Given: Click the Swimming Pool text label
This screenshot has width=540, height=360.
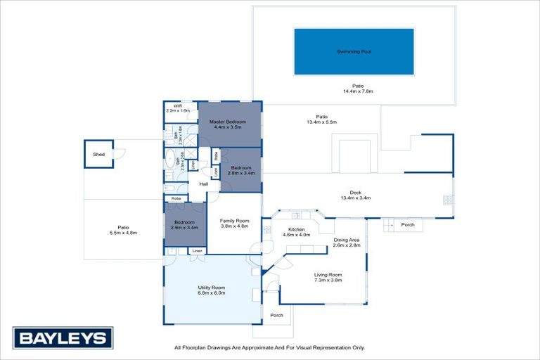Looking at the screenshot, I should click(354, 52).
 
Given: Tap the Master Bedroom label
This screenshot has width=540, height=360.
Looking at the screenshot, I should click(228, 124).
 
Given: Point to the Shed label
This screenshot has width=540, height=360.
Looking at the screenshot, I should click(98, 154).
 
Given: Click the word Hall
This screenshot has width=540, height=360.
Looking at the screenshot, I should click(204, 184).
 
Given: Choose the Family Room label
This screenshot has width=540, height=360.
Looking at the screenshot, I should click(235, 223).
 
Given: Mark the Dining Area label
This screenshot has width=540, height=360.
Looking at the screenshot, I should click(347, 243).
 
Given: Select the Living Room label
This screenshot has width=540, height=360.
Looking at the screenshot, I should click(328, 277).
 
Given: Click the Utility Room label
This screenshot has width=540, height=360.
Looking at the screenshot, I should click(211, 290).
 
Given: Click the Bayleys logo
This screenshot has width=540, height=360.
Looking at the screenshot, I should click(63, 338).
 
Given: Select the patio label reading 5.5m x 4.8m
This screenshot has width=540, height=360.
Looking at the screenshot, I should click(123, 230).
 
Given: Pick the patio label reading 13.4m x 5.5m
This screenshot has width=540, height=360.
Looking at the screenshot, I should click(321, 120).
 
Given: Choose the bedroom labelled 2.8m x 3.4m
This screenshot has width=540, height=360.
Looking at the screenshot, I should click(240, 169).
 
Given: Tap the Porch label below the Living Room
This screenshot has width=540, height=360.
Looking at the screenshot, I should click(277, 315).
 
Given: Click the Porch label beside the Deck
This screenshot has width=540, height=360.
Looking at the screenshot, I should click(408, 226).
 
